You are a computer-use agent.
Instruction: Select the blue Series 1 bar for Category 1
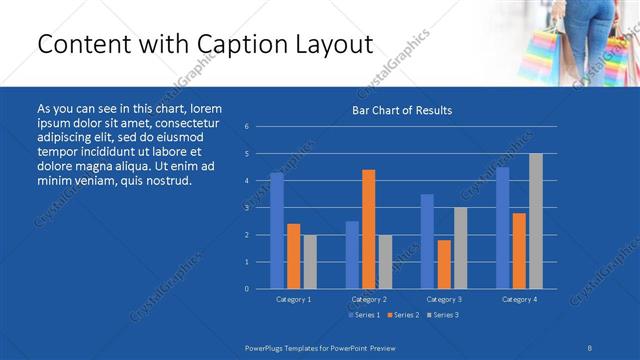[x=277, y=231]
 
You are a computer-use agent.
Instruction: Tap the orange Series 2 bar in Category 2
[x=368, y=229]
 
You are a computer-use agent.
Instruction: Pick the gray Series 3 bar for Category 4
[x=535, y=221]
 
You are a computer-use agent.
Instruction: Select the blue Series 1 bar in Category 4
[x=502, y=228]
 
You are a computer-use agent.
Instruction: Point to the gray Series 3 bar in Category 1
[x=309, y=262]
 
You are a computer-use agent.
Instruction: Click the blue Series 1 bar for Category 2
[x=352, y=255]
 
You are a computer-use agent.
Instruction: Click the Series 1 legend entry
[x=364, y=315]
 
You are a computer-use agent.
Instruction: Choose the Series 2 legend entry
[x=401, y=315]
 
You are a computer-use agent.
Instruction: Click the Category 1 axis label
[x=293, y=299]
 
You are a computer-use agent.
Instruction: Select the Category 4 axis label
[x=518, y=299]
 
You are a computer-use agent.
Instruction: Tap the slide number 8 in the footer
[x=591, y=346]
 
